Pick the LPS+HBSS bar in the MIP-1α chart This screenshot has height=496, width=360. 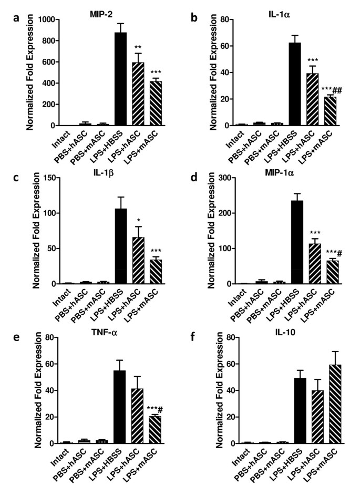pos(300,242)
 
